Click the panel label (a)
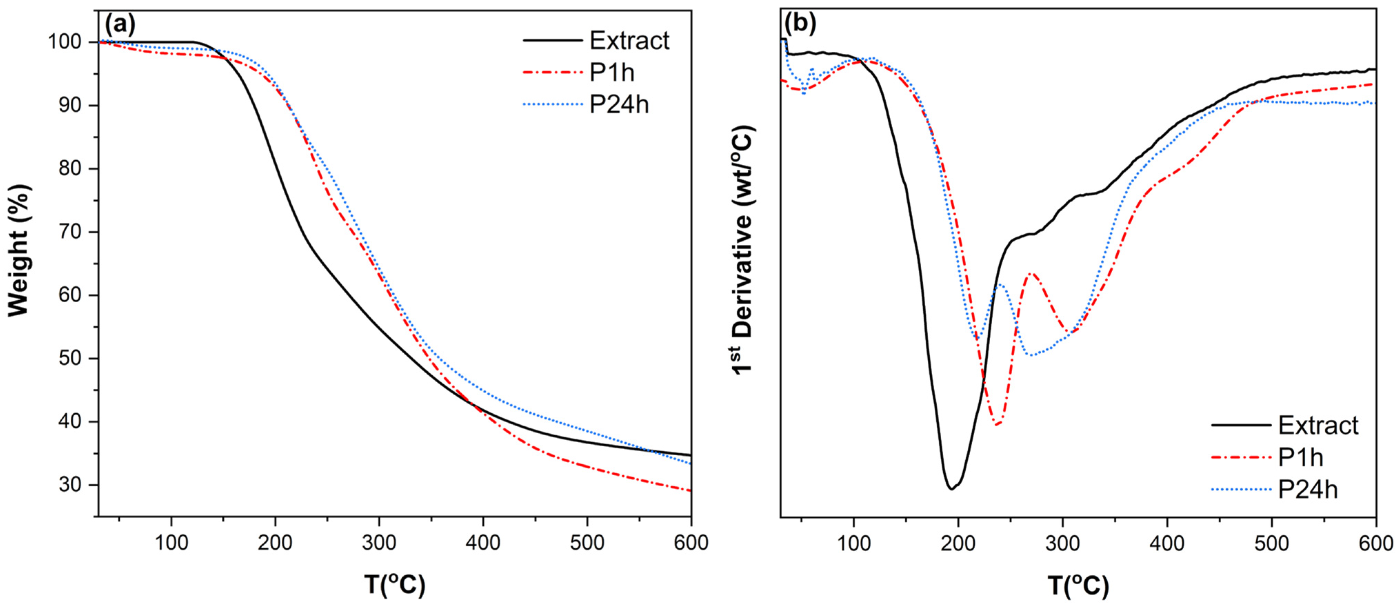click(120, 24)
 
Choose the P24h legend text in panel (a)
click(619, 104)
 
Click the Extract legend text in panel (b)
click(1318, 425)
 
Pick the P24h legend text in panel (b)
click(1308, 489)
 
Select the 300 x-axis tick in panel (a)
click(379, 543)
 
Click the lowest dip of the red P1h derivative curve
click(996, 424)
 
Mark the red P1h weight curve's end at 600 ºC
click(690, 490)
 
